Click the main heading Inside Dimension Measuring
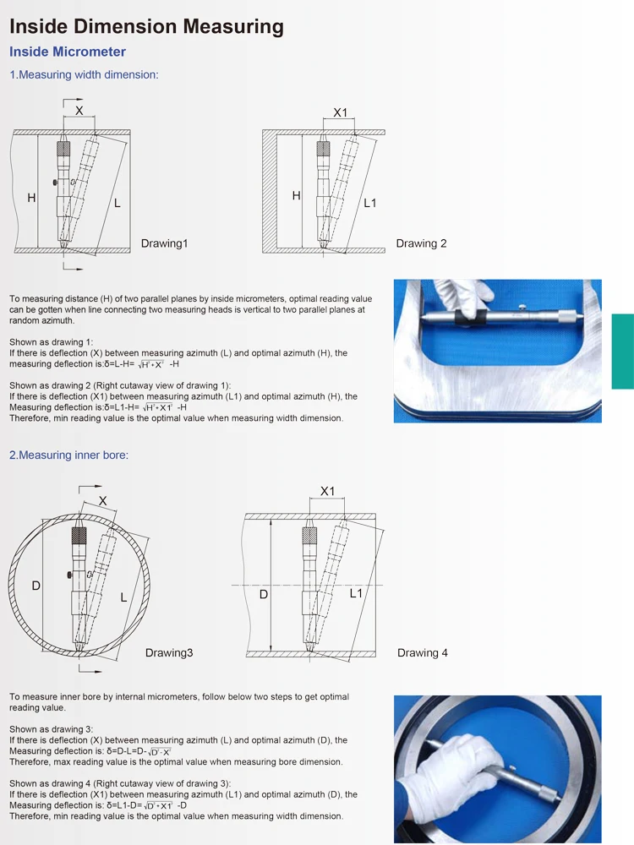tap(146, 26)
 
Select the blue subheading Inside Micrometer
tap(68, 52)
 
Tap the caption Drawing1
tap(164, 243)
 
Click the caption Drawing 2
tap(421, 243)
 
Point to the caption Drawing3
tap(169, 652)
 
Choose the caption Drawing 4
tap(423, 652)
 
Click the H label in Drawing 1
tap(31, 198)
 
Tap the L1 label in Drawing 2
tap(370, 203)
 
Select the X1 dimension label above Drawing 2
tap(340, 112)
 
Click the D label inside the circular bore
tap(36, 586)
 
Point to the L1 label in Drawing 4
tap(356, 594)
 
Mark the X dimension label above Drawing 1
tap(79, 111)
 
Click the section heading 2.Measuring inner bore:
tap(68, 455)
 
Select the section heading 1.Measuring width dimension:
tap(84, 74)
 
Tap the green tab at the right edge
tap(622, 340)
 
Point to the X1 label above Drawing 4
tap(327, 491)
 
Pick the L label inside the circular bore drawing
tap(123, 597)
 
